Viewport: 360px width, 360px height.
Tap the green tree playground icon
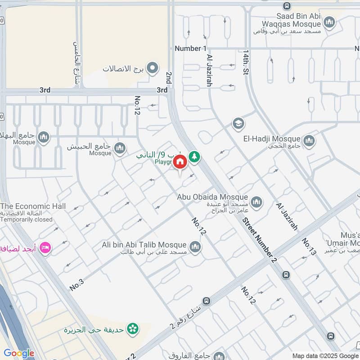tap(194, 157)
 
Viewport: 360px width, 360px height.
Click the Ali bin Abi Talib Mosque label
tap(144, 245)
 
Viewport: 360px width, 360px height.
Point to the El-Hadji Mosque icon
tap(309, 141)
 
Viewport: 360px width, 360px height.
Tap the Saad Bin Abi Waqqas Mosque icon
tap(330, 22)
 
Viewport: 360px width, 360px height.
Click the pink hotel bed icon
tap(45, 247)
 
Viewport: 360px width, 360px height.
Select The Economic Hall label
tap(33, 206)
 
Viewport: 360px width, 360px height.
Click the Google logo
tap(19, 353)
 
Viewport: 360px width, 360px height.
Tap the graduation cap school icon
tap(238, 123)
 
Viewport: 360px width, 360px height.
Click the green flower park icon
tap(132, 329)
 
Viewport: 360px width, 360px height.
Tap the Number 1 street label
tap(190, 48)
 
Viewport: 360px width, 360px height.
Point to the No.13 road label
tap(308, 246)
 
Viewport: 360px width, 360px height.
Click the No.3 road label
tap(78, 284)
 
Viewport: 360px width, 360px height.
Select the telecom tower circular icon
tap(153, 68)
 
